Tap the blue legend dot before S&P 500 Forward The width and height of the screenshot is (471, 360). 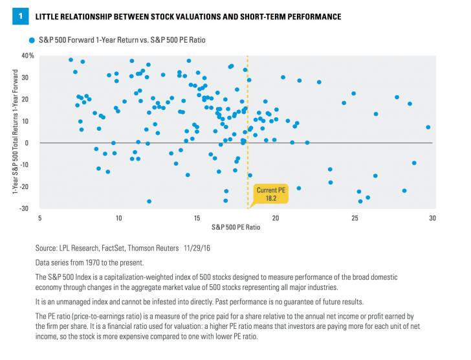pos(31,40)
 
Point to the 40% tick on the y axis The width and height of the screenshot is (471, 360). pos(27,56)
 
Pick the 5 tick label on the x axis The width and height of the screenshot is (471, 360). pos(39,218)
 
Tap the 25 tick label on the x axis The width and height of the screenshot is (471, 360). pos(355,218)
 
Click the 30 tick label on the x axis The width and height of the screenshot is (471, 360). pos(433,218)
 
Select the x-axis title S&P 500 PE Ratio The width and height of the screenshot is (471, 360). pos(235,227)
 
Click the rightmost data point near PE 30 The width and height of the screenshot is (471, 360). pos(428,128)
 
